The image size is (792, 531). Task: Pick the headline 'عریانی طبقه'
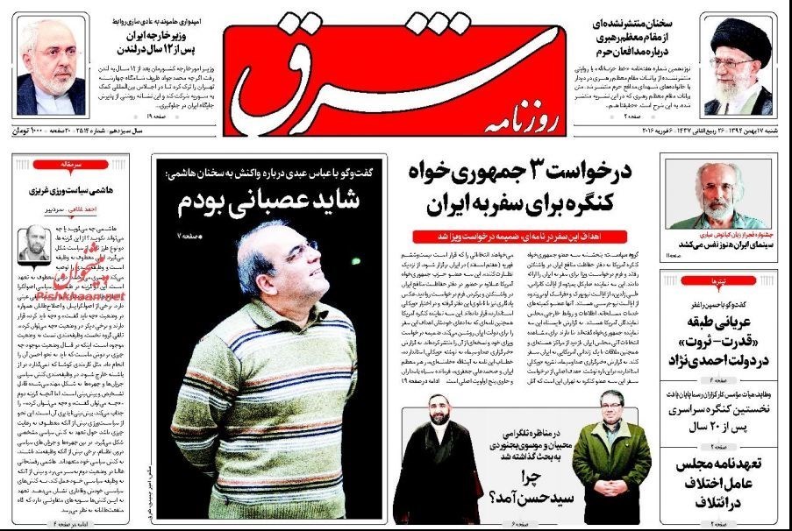point(728,311)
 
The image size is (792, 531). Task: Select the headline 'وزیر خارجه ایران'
point(155,36)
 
